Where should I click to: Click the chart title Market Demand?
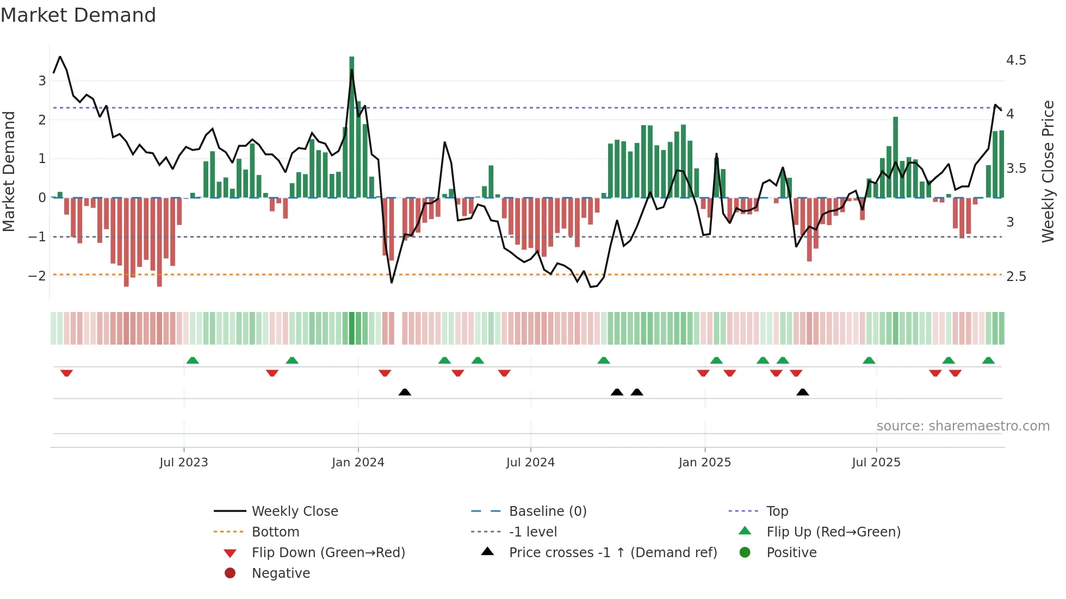(x=78, y=15)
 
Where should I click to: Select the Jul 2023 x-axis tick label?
(x=184, y=463)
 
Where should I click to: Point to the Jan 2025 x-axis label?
(x=705, y=463)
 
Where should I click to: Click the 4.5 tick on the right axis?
(x=1016, y=60)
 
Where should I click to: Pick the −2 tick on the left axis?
(x=37, y=276)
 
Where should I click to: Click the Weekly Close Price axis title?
(x=1048, y=171)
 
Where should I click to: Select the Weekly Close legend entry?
(x=294, y=511)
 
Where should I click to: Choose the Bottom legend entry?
(x=275, y=532)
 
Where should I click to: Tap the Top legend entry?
(x=777, y=511)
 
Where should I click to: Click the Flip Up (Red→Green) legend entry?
(x=833, y=532)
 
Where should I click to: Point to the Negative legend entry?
(x=281, y=573)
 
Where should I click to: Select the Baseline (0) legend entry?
(x=548, y=511)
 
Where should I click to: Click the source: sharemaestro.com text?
(x=963, y=426)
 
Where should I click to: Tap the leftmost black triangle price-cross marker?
(x=405, y=392)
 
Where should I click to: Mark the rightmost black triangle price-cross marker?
(x=803, y=392)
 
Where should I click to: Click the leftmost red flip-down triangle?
(x=66, y=373)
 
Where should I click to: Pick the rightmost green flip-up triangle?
(x=988, y=360)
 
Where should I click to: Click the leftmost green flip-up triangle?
(x=193, y=360)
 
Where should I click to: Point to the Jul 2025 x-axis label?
(x=876, y=463)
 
